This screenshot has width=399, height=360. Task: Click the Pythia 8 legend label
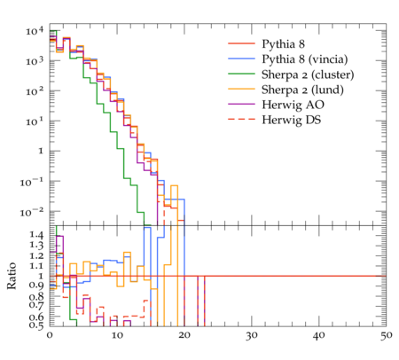click(283, 44)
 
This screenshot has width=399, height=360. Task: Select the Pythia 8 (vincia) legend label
click(305, 59)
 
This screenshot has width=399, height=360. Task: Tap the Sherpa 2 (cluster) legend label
click(308, 74)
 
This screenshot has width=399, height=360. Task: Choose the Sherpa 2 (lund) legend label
click(302, 90)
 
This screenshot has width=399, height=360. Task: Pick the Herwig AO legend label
click(293, 105)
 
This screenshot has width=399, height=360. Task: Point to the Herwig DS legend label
click(292, 120)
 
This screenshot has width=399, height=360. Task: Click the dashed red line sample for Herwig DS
click(241, 119)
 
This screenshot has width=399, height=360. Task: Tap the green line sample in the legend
click(241, 74)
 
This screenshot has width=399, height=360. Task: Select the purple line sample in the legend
click(241, 104)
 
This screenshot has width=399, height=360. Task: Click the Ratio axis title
click(12, 276)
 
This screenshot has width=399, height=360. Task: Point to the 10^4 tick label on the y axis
click(35, 31)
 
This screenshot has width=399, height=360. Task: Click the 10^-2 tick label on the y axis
click(32, 212)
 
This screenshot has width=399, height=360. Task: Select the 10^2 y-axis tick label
click(35, 91)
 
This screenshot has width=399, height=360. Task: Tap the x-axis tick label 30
click(252, 336)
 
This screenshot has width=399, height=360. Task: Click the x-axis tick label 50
click(387, 336)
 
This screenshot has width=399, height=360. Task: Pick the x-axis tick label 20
click(184, 336)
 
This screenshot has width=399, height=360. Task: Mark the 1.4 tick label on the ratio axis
click(36, 235)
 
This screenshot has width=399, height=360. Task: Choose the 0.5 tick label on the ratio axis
click(36, 325)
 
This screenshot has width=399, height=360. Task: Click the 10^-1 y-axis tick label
click(32, 182)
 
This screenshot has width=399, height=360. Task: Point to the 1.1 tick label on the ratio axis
click(36, 266)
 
